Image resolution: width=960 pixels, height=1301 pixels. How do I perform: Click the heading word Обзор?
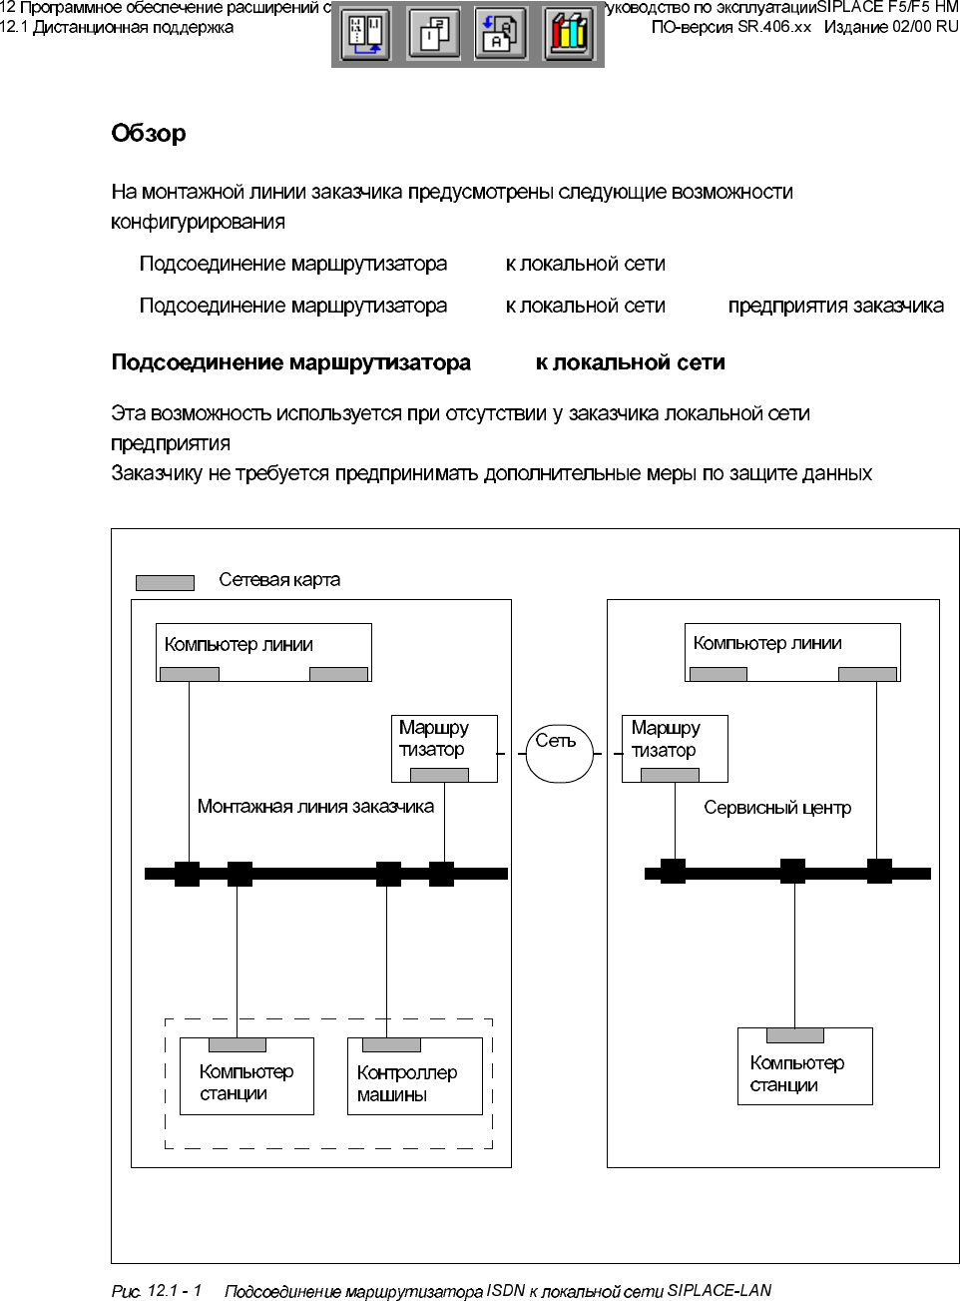tap(149, 134)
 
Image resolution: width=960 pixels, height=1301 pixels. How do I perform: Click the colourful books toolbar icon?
tap(569, 35)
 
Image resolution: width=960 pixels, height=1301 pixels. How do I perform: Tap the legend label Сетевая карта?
tap(279, 580)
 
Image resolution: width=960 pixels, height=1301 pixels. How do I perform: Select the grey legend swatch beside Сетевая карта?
tap(165, 583)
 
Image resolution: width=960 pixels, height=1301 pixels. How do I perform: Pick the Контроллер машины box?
tap(414, 1076)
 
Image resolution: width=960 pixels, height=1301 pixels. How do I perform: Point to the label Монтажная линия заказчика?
tap(315, 807)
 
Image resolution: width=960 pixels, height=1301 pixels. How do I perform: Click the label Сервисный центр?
tap(777, 808)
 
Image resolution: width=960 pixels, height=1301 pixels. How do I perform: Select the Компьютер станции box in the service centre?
tap(804, 1066)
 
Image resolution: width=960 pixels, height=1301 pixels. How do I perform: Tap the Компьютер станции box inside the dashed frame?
tap(246, 1076)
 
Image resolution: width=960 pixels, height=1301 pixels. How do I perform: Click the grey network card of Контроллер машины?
tap(391, 1045)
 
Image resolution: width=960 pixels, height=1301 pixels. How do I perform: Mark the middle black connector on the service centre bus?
tap(792, 872)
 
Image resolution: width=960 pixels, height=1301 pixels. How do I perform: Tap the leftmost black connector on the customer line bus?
tap(187, 874)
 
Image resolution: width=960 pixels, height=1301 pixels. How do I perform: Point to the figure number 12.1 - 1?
tap(174, 1291)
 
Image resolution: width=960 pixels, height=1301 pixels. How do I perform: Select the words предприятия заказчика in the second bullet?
tap(835, 307)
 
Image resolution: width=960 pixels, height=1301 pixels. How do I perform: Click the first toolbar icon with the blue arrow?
tap(366, 35)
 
